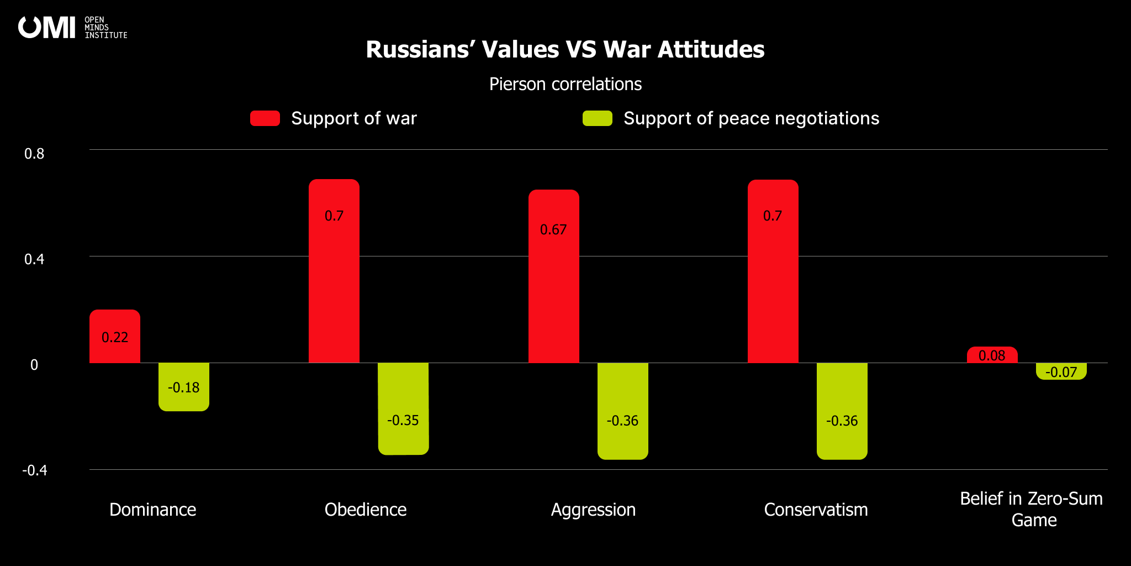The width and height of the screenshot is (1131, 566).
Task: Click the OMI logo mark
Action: click(x=46, y=27)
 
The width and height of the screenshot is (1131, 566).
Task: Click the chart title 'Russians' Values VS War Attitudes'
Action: click(x=565, y=50)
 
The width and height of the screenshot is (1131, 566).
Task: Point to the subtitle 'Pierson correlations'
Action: click(x=565, y=84)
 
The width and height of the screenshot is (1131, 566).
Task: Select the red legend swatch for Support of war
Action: click(x=265, y=118)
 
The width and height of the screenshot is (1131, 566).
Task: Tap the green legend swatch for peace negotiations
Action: click(x=598, y=118)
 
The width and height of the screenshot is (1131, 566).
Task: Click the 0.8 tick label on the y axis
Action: click(x=34, y=154)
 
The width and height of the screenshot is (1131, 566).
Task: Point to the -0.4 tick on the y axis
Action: click(x=34, y=470)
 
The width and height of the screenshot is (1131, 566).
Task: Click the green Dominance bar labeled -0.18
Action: click(x=184, y=387)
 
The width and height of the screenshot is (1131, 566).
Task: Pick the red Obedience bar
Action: click(x=334, y=271)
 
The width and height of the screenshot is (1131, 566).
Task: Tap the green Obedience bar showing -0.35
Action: click(x=403, y=409)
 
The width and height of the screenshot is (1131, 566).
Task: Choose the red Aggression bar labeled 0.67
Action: click(x=554, y=276)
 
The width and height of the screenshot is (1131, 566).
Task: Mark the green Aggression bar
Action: click(x=623, y=411)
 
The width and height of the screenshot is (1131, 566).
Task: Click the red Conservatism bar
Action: click(x=773, y=271)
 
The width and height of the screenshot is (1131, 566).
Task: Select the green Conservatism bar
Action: click(x=842, y=411)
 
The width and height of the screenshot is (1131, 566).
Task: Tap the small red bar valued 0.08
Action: click(x=992, y=355)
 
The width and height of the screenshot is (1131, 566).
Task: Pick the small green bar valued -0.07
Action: click(x=1061, y=371)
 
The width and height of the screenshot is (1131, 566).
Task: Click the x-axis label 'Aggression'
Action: click(x=593, y=509)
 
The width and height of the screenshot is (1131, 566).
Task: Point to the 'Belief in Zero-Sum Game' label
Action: click(x=1032, y=509)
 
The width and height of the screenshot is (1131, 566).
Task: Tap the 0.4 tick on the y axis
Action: click(x=34, y=259)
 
